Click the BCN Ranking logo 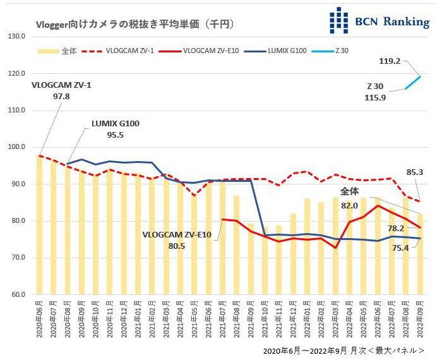point(379,20)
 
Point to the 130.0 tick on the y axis point(15,36)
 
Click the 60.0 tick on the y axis point(15,294)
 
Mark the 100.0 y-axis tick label point(15,147)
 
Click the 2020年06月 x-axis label point(40,321)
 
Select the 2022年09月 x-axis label point(419,321)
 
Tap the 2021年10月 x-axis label point(265,321)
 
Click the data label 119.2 point(390,62)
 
